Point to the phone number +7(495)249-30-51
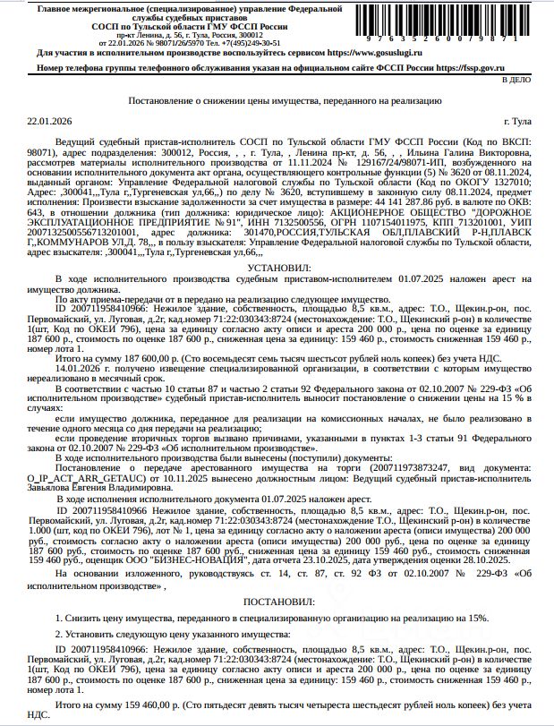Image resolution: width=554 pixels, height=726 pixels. [232, 42]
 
